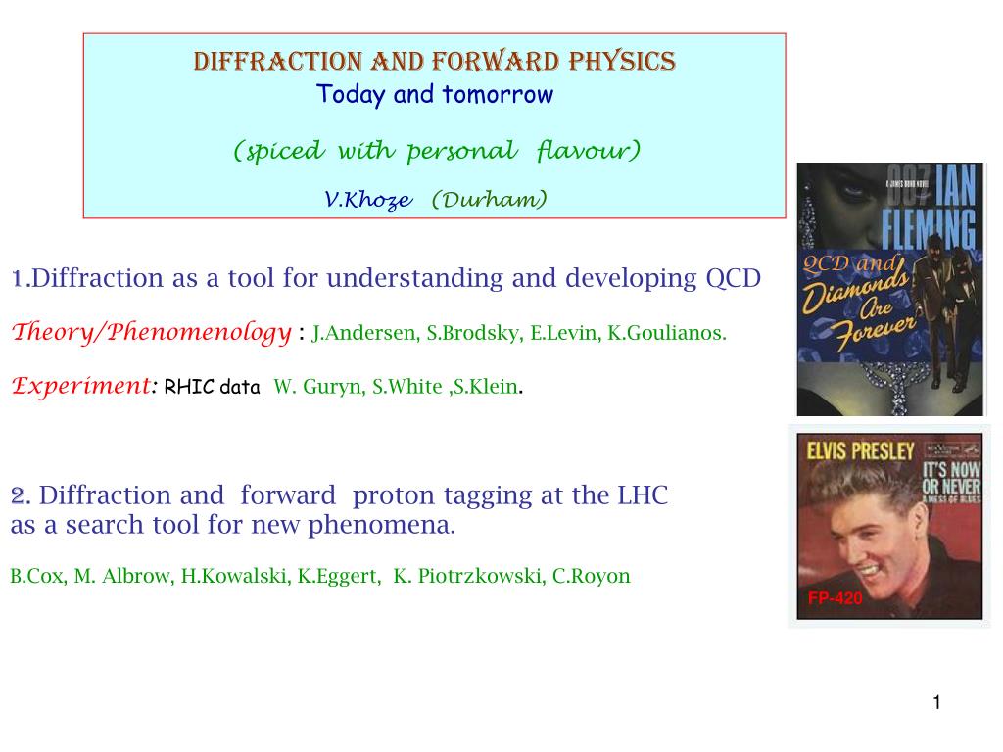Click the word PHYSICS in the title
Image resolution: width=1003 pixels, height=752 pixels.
point(622,62)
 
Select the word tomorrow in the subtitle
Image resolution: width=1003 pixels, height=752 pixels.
point(498,95)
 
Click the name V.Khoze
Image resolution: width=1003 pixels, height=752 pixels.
point(368,200)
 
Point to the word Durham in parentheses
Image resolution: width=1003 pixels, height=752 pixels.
point(490,199)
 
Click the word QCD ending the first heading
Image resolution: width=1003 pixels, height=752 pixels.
point(733,278)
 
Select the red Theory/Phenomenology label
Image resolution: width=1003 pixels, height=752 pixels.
point(152,332)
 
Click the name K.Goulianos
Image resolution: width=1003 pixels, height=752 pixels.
point(666,333)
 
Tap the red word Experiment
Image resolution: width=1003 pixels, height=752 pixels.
point(81,386)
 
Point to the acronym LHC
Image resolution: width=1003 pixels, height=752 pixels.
point(643,494)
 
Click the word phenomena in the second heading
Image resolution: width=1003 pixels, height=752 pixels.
point(381,525)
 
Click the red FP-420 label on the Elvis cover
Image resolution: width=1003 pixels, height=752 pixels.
point(835,598)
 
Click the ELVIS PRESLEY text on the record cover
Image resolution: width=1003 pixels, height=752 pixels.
point(860,450)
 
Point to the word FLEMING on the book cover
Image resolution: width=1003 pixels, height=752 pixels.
point(929,227)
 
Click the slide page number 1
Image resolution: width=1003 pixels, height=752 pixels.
point(937,702)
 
